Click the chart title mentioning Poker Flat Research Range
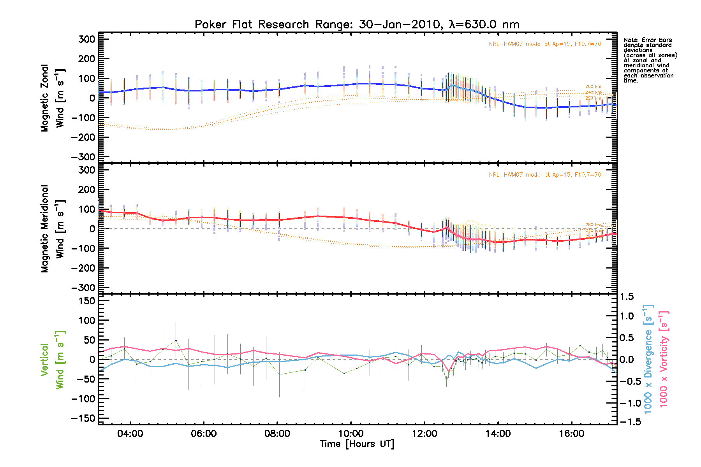357,25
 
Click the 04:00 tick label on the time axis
130,434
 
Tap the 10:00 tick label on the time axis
351,434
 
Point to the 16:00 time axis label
572,434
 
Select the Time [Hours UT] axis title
357,444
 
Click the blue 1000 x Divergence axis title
648,359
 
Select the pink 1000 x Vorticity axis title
664,359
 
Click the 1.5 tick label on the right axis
627,297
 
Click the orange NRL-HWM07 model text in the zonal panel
545,44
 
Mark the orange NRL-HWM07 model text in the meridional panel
545,175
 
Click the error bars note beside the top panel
650,60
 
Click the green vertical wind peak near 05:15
176,340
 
